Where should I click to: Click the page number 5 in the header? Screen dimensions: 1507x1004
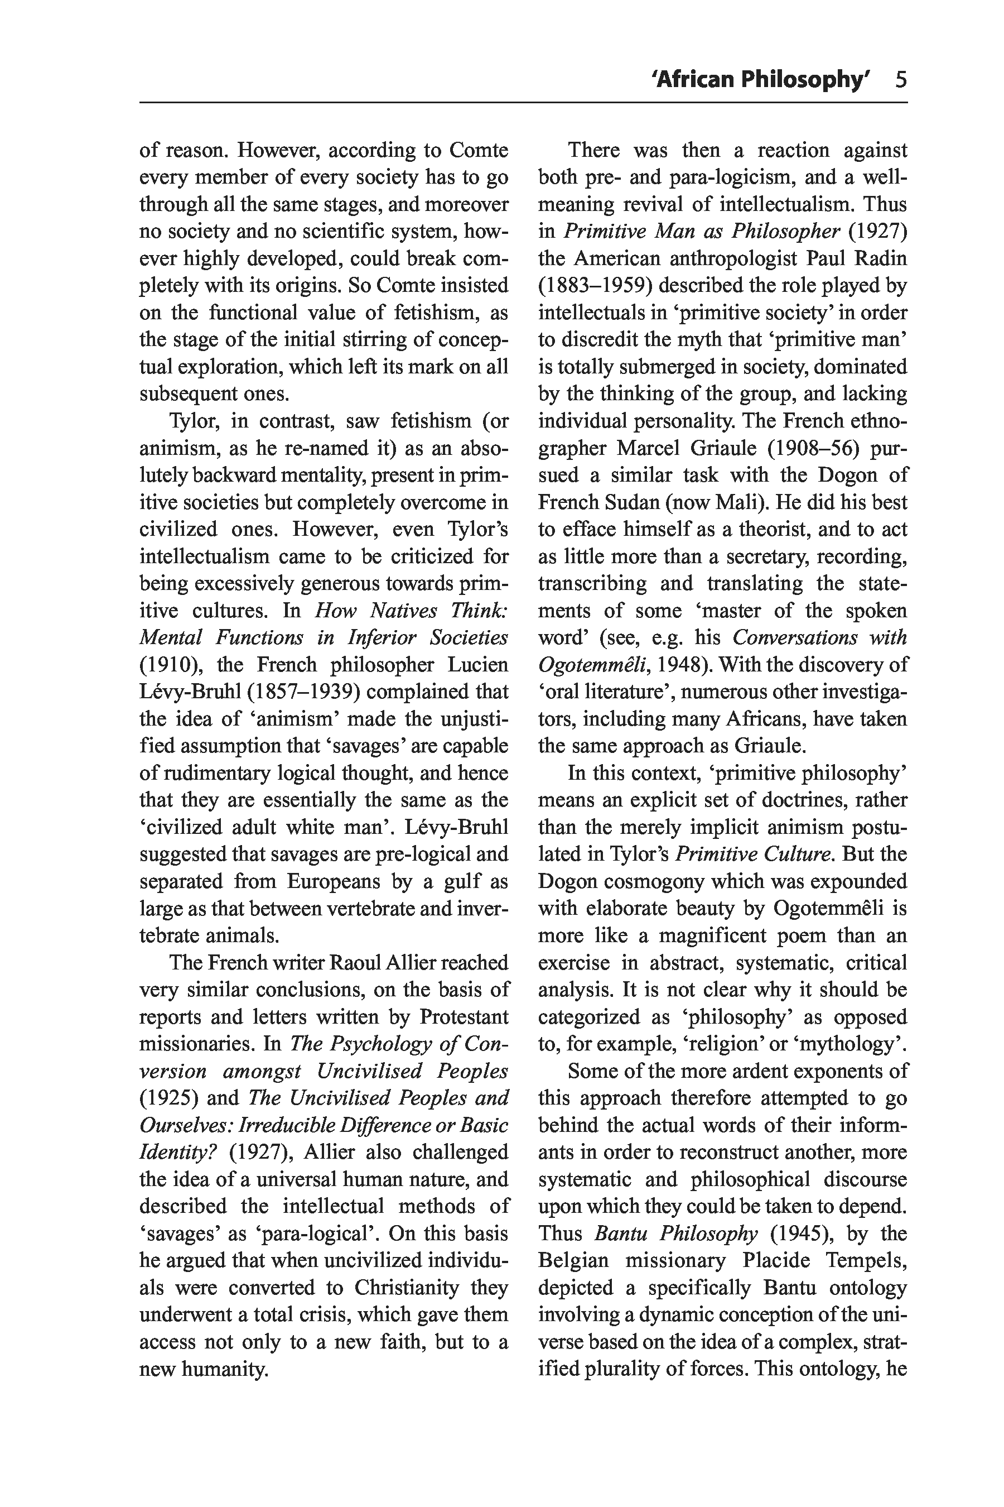coord(901,79)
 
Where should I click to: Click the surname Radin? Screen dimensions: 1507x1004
coord(878,258)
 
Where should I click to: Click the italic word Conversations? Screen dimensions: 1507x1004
coord(794,637)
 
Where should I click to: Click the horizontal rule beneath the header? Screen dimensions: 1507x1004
coord(523,103)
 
